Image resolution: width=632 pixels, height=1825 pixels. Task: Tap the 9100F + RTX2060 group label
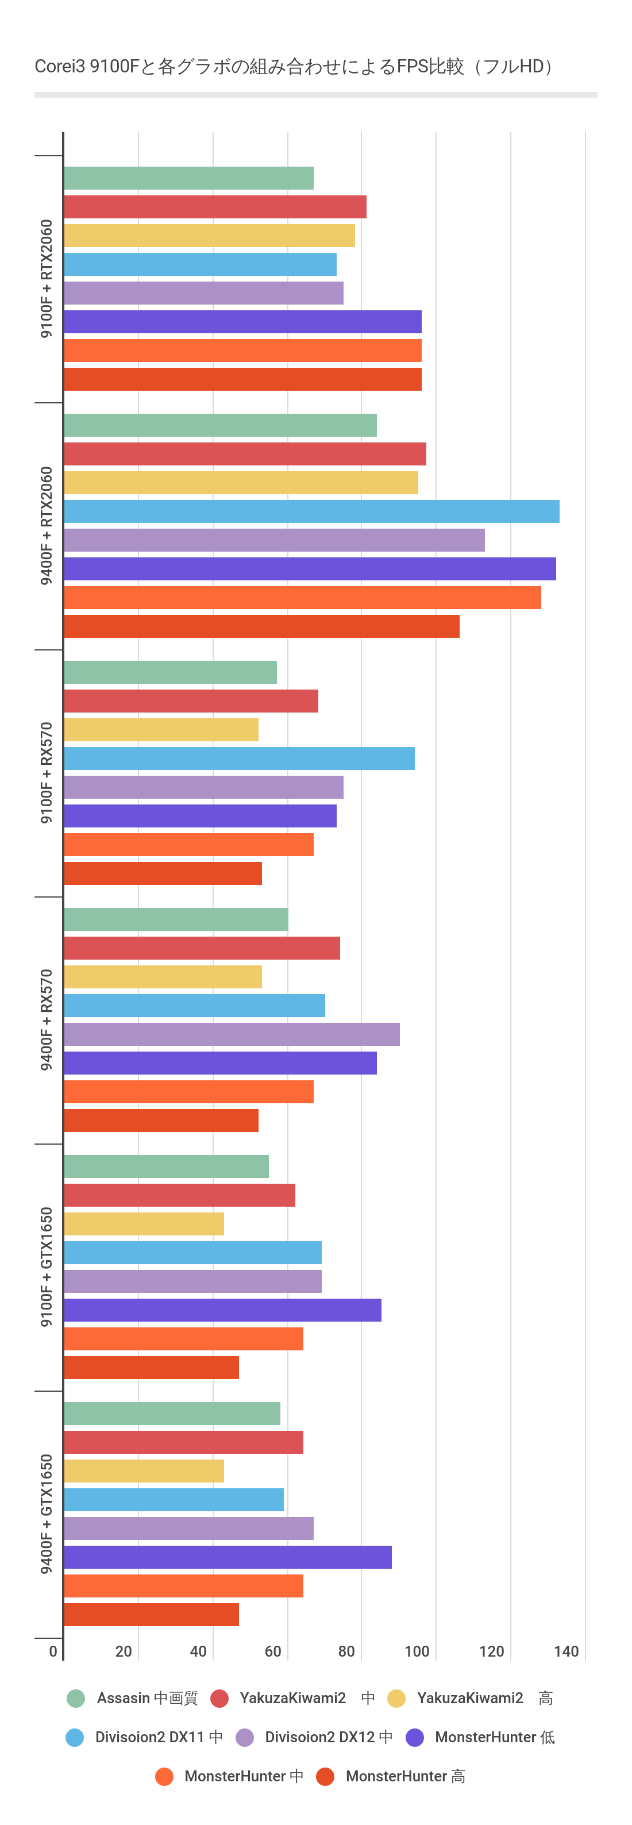(x=46, y=279)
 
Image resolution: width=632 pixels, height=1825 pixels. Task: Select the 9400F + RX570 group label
(x=46, y=1019)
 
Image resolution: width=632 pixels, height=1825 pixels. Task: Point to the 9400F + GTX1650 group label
(x=46, y=1514)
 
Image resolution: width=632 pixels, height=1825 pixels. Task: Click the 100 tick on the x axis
(x=417, y=1651)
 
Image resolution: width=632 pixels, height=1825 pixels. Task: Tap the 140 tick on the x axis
(x=566, y=1651)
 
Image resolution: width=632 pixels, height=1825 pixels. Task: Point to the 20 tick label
(x=124, y=1651)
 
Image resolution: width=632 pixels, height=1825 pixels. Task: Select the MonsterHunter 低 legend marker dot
(x=414, y=1737)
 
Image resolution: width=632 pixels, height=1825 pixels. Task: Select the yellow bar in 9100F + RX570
(x=161, y=730)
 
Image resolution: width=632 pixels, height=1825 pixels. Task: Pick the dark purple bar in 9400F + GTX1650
(x=228, y=1557)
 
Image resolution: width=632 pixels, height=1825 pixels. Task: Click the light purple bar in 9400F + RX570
(x=232, y=1034)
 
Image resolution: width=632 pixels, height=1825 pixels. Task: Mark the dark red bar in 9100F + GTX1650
(x=151, y=1368)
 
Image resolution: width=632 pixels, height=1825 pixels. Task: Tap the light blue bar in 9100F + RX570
(x=239, y=758)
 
